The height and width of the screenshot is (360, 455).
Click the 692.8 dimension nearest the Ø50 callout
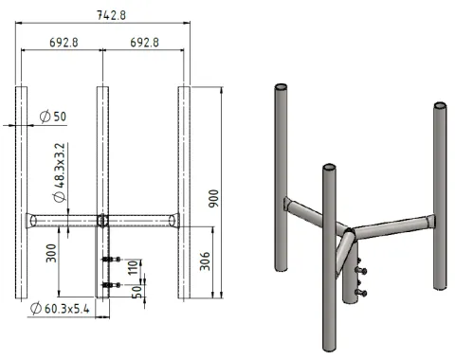click(62, 43)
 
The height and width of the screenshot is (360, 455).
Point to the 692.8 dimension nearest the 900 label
click(144, 43)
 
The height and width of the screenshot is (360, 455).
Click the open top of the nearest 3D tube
click(328, 169)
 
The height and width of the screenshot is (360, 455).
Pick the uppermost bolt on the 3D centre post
click(358, 269)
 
